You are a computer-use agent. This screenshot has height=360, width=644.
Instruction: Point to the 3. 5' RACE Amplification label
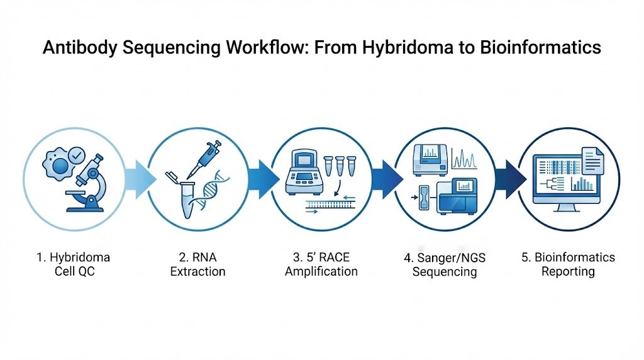point(321,264)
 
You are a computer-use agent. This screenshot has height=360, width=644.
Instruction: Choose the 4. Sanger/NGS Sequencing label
point(444,265)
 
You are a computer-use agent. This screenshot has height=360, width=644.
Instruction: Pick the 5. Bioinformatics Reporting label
point(569,264)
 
